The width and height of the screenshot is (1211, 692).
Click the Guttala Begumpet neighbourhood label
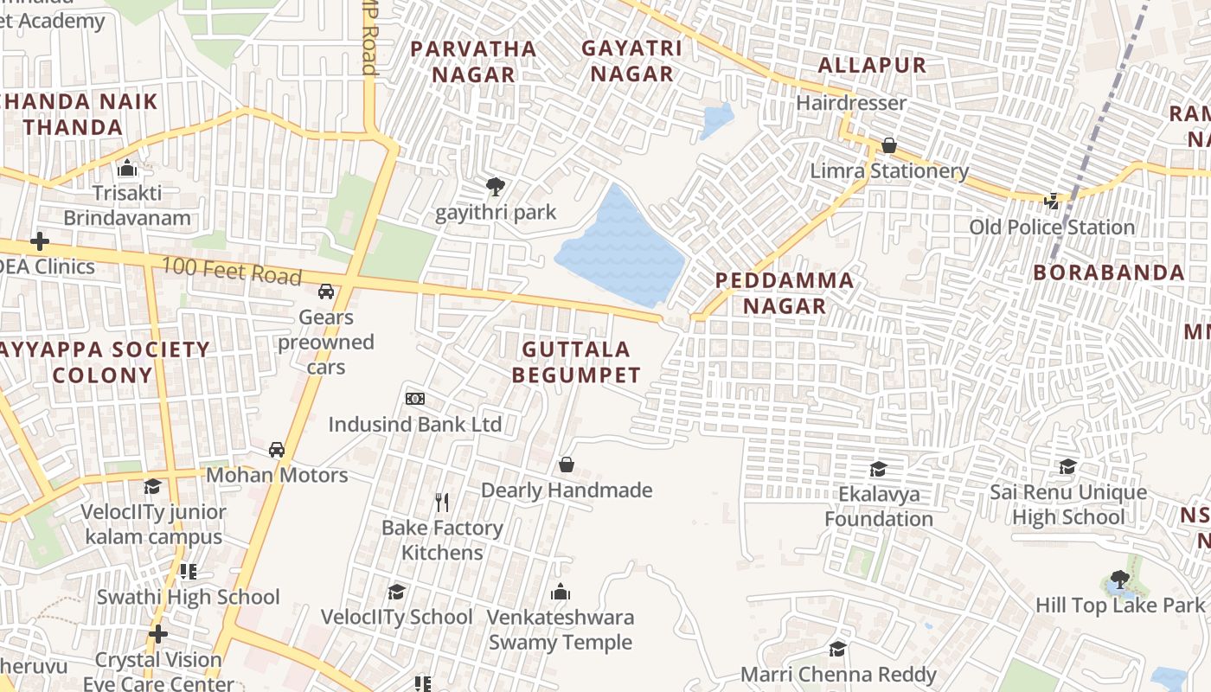[576, 362]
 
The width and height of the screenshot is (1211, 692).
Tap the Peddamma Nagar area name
[785, 293]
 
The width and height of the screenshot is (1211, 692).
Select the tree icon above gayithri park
[496, 185]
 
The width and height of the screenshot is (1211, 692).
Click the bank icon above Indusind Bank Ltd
[415, 399]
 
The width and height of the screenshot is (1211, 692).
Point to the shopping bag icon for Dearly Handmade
[567, 465]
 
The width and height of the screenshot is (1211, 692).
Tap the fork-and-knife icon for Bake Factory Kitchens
[442, 502]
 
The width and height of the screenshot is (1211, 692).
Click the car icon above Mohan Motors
[277, 449]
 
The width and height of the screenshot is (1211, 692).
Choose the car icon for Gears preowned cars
[326, 292]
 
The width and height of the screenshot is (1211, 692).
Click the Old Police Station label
[1052, 227]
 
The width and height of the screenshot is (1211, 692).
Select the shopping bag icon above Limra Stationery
[888, 145]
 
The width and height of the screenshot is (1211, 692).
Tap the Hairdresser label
[851, 103]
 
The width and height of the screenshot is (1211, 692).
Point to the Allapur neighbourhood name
[872, 65]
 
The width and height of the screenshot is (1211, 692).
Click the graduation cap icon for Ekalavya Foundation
[878, 469]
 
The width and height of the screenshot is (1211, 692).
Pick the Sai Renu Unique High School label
[1068, 505]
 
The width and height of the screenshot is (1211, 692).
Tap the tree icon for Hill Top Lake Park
[1120, 579]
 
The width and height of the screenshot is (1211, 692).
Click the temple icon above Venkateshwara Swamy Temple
[561, 592]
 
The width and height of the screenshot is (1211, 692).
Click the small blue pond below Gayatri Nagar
[717, 120]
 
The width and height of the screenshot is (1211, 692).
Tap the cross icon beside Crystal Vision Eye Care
[157, 634]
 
